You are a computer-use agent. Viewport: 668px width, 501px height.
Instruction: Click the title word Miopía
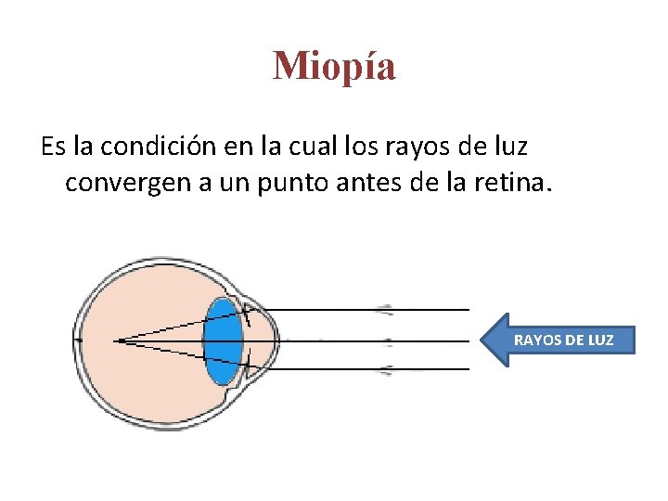pos(334,66)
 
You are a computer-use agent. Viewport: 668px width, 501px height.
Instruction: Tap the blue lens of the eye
pos(224,340)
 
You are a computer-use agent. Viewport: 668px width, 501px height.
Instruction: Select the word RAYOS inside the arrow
pos(533,340)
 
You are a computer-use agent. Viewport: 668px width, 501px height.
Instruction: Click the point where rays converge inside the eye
pos(117,340)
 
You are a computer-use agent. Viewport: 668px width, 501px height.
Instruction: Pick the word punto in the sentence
pos(273,182)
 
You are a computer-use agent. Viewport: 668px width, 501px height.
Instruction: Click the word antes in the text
pos(349,182)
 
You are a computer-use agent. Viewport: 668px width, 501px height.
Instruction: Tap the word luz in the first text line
pos(510,147)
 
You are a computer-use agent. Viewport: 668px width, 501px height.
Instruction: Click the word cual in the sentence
pos(311,147)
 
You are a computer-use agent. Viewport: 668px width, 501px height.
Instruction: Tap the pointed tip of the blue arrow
pos(482,340)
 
